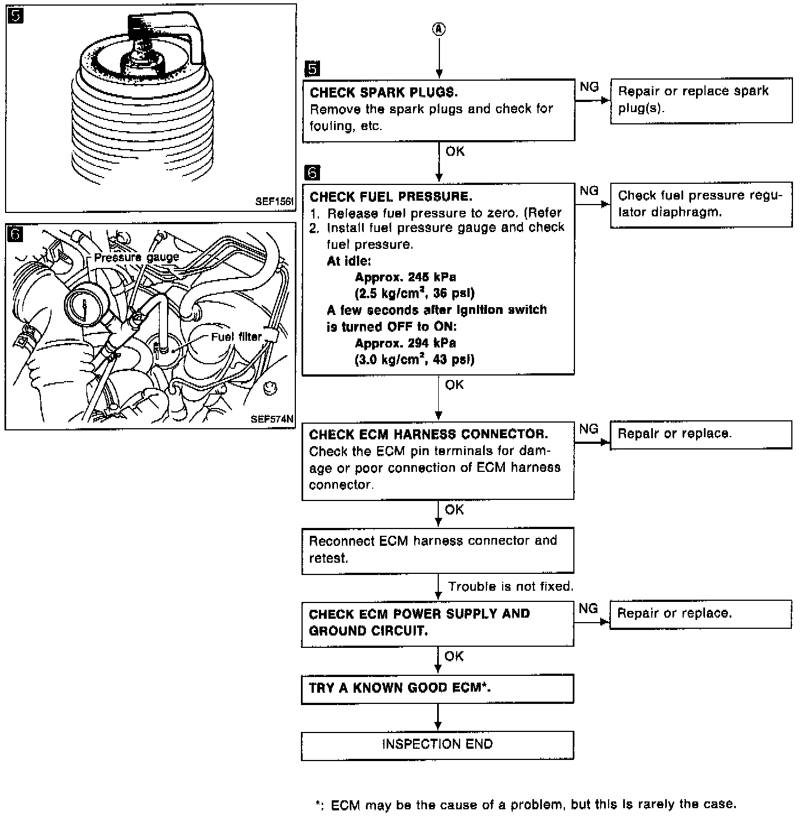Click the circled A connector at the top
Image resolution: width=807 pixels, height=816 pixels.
click(x=439, y=30)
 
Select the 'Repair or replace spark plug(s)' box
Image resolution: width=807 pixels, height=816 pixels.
click(x=701, y=100)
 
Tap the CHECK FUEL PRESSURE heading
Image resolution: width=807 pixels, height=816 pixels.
click(x=391, y=196)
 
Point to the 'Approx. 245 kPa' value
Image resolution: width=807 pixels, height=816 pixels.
click(x=405, y=277)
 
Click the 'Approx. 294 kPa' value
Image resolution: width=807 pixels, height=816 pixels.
click(x=405, y=343)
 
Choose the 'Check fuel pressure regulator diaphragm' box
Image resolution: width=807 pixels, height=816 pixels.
click(x=701, y=204)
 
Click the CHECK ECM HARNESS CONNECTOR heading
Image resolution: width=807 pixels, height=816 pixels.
click(x=428, y=434)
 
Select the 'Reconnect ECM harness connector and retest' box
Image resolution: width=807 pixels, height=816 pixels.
click(x=437, y=549)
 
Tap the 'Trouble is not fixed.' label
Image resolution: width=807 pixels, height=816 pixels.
click(x=511, y=587)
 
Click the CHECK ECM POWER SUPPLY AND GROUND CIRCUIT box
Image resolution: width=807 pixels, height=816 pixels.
click(x=437, y=623)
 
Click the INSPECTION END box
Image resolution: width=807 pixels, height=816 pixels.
click(x=437, y=745)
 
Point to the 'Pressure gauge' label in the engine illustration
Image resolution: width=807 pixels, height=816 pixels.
click(x=136, y=257)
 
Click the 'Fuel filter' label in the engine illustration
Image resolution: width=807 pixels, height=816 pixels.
click(x=236, y=337)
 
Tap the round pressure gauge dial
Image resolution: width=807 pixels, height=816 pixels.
click(x=84, y=309)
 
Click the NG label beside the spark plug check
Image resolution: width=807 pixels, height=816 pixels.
click(x=589, y=87)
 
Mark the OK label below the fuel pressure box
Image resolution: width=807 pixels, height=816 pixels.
click(x=454, y=384)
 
